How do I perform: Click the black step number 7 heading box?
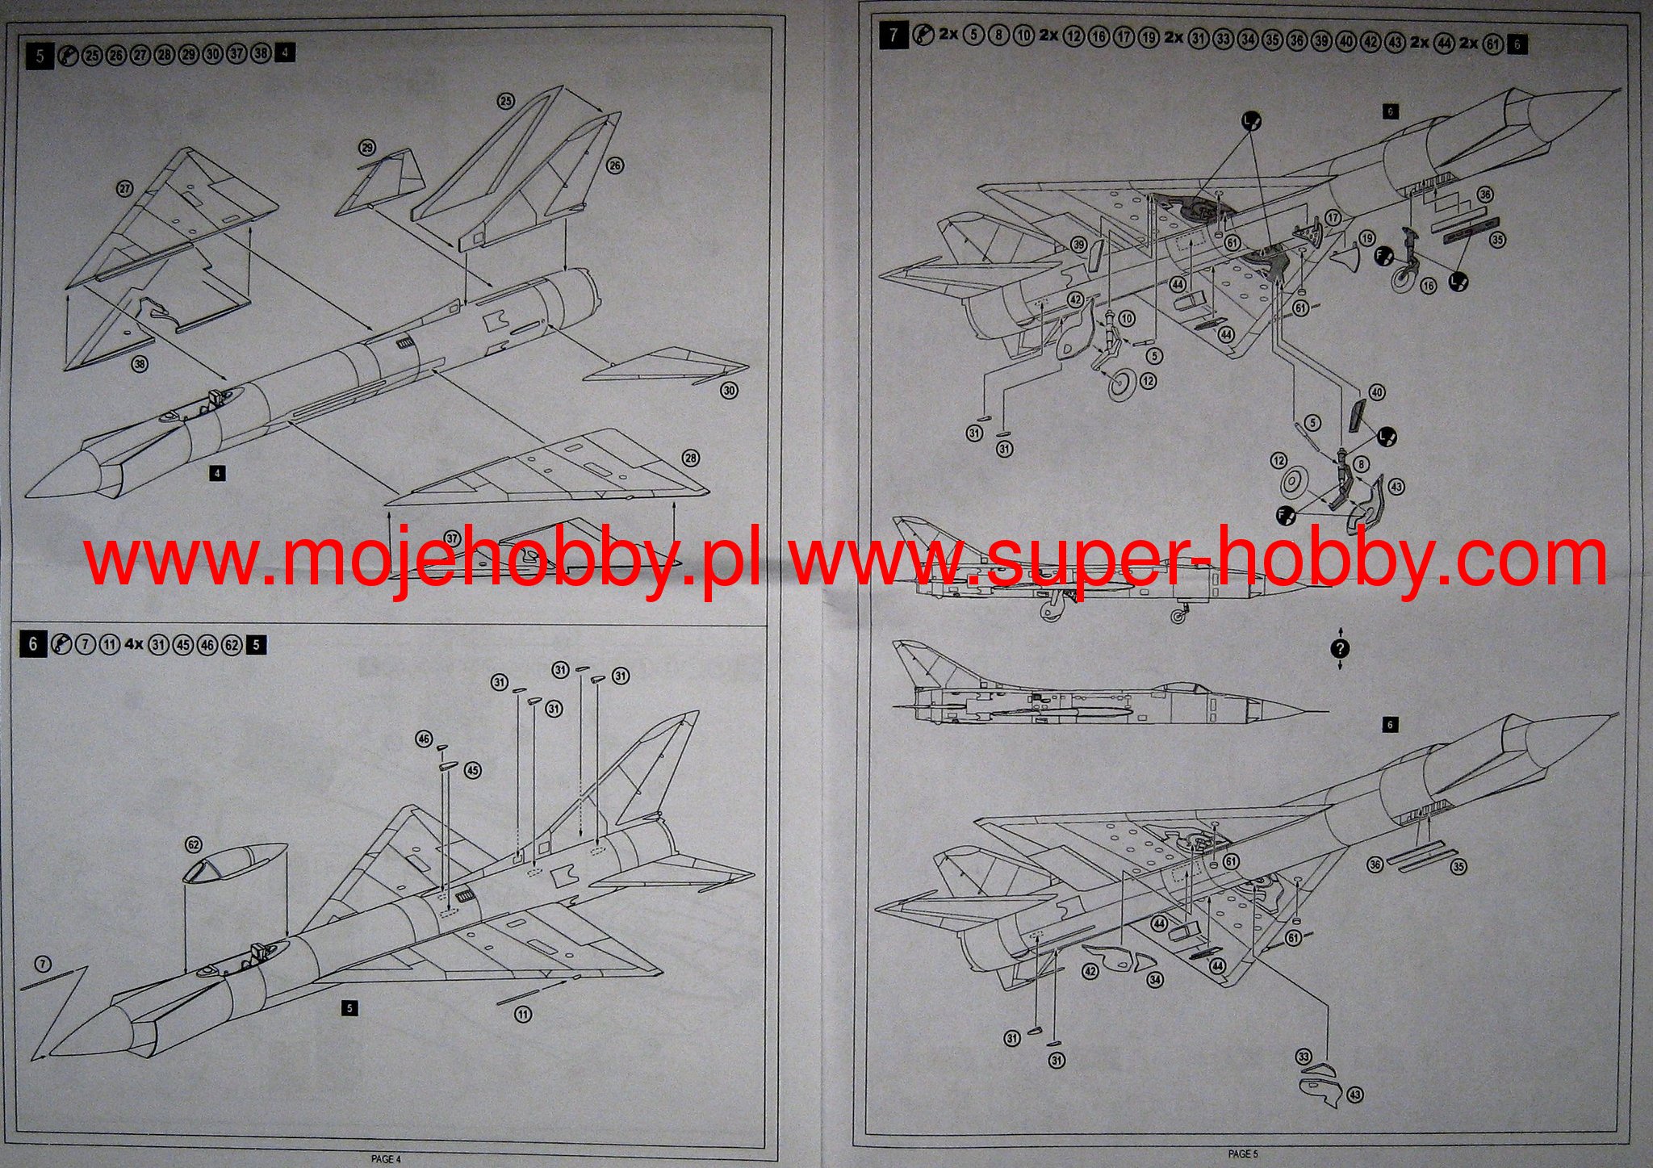click(x=892, y=36)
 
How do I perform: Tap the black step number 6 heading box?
click(x=33, y=643)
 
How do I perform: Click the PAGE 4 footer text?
click(x=386, y=1159)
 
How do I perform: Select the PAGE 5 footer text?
click(x=1243, y=1154)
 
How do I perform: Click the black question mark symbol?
click(x=1341, y=648)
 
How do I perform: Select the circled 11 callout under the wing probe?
click(x=524, y=1014)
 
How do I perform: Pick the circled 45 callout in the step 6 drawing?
click(x=473, y=770)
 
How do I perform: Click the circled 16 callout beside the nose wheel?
click(x=1429, y=286)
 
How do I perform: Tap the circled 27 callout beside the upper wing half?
click(x=124, y=189)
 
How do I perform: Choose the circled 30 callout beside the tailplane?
click(x=729, y=391)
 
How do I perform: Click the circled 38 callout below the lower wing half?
click(x=140, y=364)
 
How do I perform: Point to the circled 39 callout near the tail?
click(x=1078, y=245)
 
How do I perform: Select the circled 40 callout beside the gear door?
click(x=1377, y=392)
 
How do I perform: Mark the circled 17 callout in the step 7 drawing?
click(x=1333, y=218)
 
